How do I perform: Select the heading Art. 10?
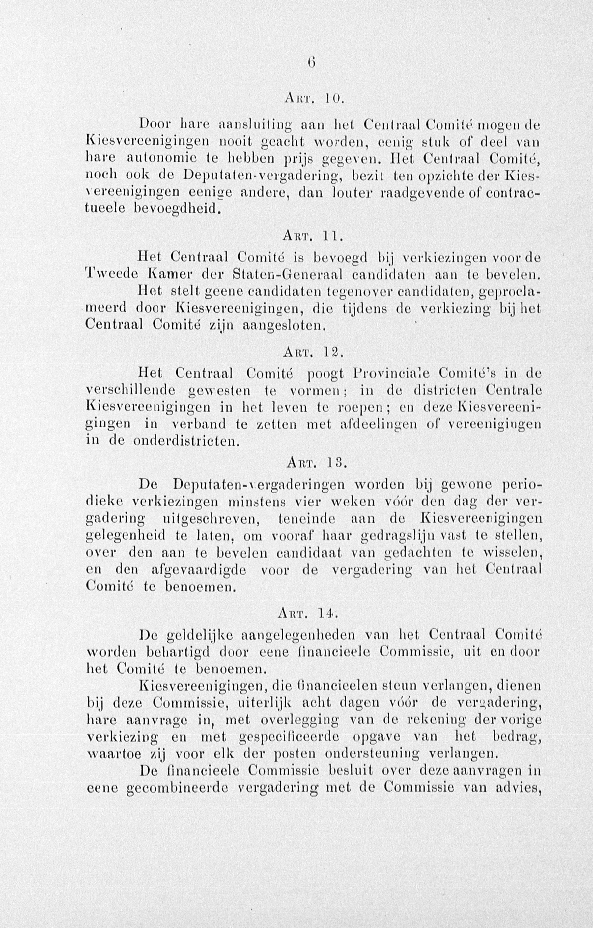click(x=313, y=99)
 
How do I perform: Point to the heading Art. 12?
click(x=313, y=351)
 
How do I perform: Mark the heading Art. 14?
click(x=308, y=613)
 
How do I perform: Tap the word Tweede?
click(x=111, y=274)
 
